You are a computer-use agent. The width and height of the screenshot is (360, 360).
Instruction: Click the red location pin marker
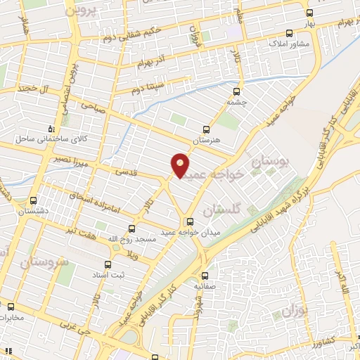tap(180, 165)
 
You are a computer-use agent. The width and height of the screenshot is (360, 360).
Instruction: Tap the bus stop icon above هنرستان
tap(206, 129)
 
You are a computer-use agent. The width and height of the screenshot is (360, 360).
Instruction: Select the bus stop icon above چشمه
tap(236, 91)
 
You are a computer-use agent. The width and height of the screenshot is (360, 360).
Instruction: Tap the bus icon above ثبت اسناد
tap(108, 265)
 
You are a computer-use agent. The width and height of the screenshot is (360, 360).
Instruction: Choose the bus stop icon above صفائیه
tap(205, 276)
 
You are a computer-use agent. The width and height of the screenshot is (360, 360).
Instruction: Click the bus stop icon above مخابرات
tap(11, 306)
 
